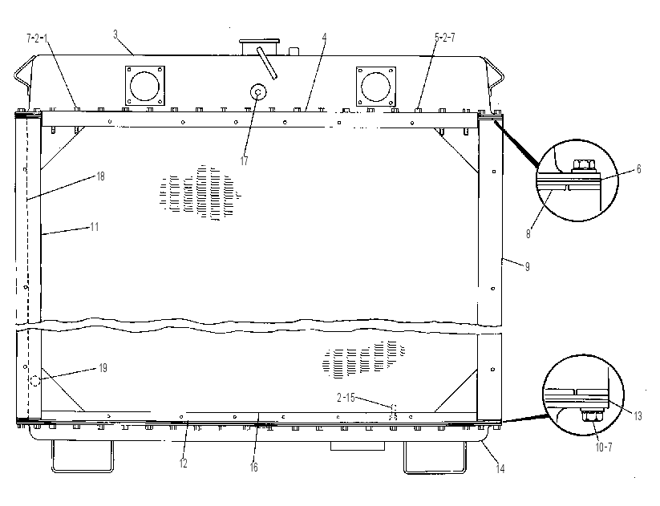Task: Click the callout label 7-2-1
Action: [x=37, y=38]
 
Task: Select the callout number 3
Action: [x=115, y=34]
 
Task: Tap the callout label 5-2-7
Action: [x=445, y=38]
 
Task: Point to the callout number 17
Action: [x=244, y=161]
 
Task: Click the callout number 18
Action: [x=100, y=176]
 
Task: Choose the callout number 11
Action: [x=95, y=227]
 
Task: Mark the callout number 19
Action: [x=103, y=368]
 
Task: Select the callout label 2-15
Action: [x=346, y=398]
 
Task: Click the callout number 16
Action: [x=253, y=467]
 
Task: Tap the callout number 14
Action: [x=500, y=468]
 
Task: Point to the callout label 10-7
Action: [x=604, y=447]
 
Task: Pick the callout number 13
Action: [x=638, y=416]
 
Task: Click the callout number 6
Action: [x=638, y=169]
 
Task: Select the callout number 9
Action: [x=527, y=266]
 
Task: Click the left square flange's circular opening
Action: [x=145, y=86]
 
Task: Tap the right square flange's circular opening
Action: [x=376, y=87]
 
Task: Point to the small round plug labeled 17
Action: [x=258, y=91]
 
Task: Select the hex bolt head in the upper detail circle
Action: [x=583, y=164]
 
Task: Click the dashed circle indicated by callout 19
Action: [x=35, y=381]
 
